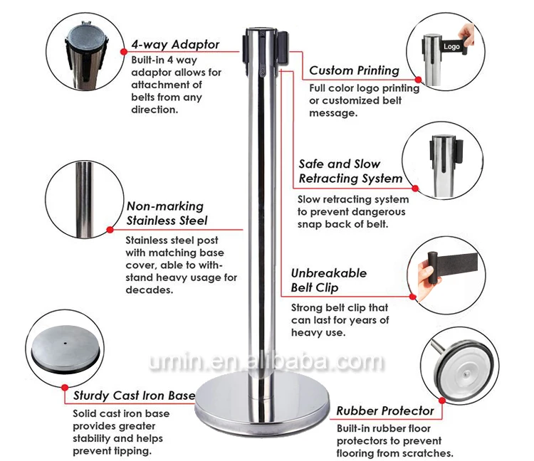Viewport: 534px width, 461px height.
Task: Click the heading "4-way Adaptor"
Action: coord(175,45)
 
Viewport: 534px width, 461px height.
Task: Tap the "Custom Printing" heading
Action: coord(354,70)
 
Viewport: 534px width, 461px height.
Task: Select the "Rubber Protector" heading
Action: coord(385,410)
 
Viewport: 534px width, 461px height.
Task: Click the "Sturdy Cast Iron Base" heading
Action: coord(134,396)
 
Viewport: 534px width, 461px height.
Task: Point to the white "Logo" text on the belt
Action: coord(451,46)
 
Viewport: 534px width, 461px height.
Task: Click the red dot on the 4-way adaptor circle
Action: coord(124,52)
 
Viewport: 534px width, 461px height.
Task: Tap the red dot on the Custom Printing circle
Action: coord(418,80)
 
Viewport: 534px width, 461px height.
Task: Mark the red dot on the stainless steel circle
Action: coord(110,230)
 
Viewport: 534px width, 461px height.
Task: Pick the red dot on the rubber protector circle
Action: coord(442,401)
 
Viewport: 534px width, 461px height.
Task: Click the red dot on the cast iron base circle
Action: coord(65,388)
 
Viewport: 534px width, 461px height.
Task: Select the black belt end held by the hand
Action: coord(433,267)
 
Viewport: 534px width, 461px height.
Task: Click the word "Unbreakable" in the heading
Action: coord(329,273)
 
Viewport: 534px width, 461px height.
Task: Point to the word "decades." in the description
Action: coord(150,290)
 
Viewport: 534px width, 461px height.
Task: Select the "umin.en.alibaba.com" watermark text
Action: coord(266,361)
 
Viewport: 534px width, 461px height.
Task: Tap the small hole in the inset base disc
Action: coord(66,343)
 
